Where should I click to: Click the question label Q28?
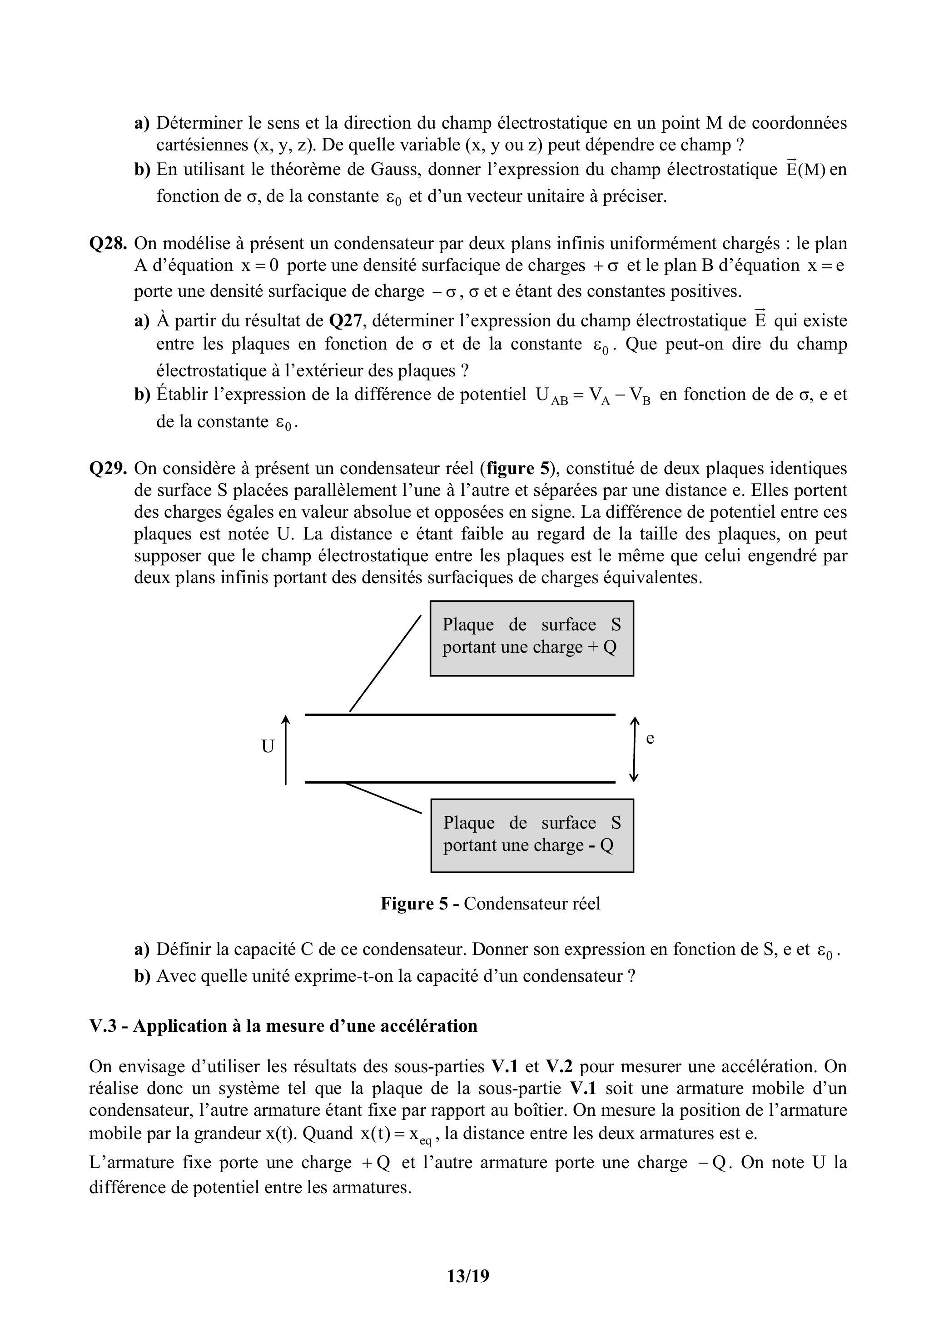[108, 244]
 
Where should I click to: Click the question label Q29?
[108, 468]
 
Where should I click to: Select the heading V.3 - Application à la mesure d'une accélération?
[283, 1026]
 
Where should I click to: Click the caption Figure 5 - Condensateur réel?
[490, 904]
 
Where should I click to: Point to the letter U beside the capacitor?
[267, 747]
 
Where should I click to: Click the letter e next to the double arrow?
[650, 739]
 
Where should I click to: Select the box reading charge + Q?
[531, 638]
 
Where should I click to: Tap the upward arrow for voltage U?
[286, 749]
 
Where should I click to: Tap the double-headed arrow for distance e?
[635, 749]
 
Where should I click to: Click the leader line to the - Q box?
[383, 798]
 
